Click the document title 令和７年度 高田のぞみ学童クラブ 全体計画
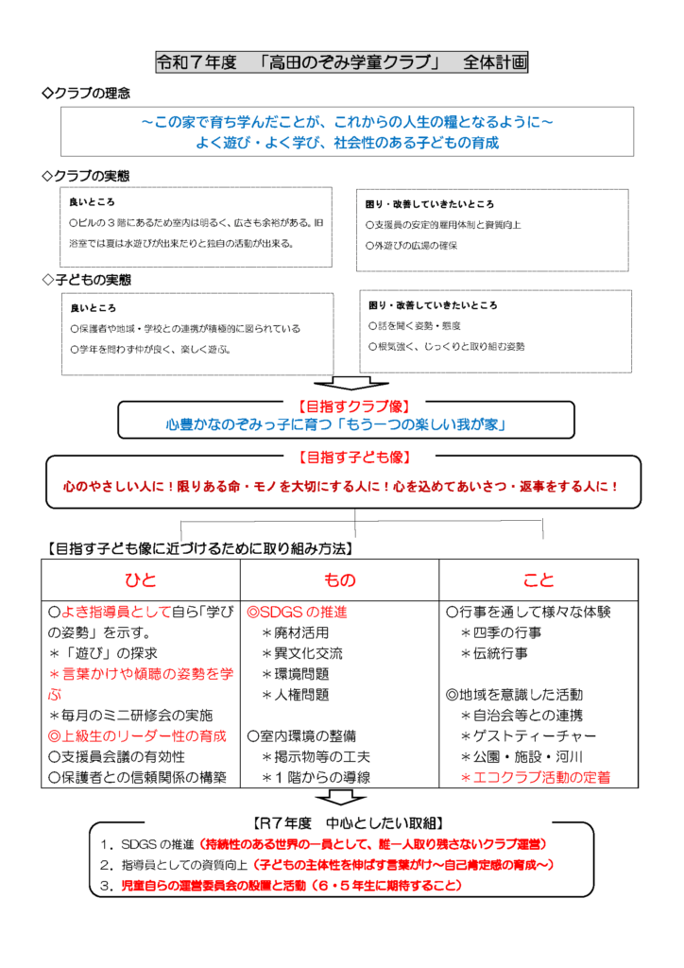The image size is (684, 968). pos(341,63)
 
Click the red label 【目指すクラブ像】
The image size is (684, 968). pos(346,406)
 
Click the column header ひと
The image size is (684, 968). pos(140,579)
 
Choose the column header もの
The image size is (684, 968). pos(339,579)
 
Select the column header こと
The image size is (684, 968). pos(539,579)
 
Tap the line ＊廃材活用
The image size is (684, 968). pos(302,632)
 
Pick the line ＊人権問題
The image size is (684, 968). pos(302,695)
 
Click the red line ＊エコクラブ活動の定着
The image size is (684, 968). pos(535,777)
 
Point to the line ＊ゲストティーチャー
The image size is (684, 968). pos(528,735)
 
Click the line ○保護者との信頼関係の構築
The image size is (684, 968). pos(137,777)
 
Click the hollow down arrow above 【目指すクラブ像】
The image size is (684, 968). pos(346,382)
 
